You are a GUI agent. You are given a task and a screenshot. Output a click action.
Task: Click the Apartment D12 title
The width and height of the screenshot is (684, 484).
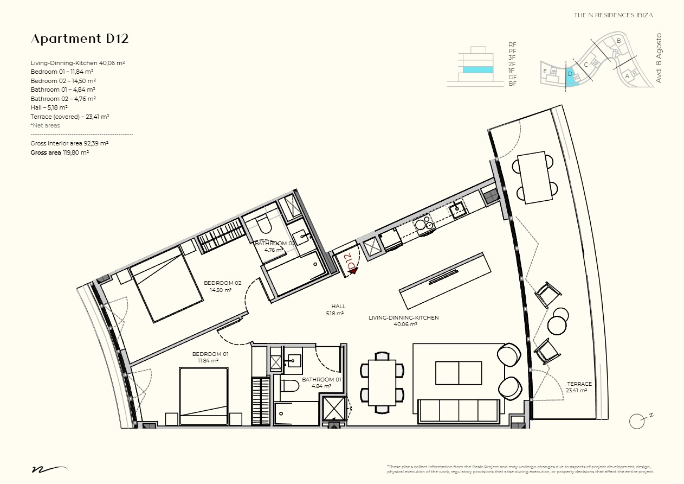(80, 39)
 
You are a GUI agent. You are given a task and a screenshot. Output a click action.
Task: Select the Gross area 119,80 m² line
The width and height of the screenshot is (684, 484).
(60, 153)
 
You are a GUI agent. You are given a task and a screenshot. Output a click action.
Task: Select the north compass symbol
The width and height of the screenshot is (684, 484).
(637, 421)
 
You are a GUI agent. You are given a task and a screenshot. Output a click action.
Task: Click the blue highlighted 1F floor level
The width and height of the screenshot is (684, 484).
(477, 70)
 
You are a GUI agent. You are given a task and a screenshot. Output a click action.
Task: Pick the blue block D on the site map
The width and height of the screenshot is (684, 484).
(570, 77)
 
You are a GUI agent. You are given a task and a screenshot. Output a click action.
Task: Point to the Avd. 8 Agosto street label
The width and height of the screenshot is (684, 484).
(659, 58)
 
